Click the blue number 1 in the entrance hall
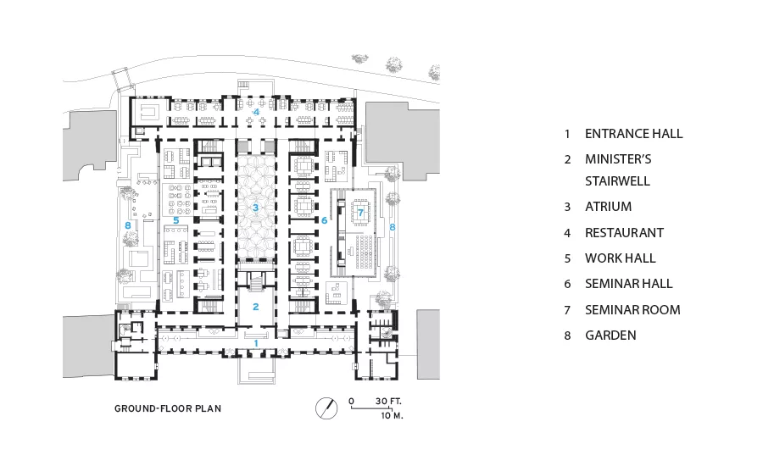[256, 343]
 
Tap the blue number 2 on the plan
[255, 307]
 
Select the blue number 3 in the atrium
[255, 208]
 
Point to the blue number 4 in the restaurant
[256, 112]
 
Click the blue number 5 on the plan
[176, 220]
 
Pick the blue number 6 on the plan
[325, 220]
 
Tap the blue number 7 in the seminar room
[360, 213]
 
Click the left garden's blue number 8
[128, 225]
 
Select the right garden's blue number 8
[393, 227]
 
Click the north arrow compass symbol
[326, 408]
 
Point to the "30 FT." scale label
[388, 402]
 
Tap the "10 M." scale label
[393, 416]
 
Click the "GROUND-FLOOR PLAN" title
[168, 408]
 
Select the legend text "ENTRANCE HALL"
[633, 134]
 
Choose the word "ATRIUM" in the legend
[608, 207]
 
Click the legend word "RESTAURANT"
[624, 233]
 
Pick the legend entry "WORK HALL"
[621, 258]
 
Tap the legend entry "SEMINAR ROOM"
[632, 310]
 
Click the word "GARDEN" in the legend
[610, 336]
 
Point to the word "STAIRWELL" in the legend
[617, 181]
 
